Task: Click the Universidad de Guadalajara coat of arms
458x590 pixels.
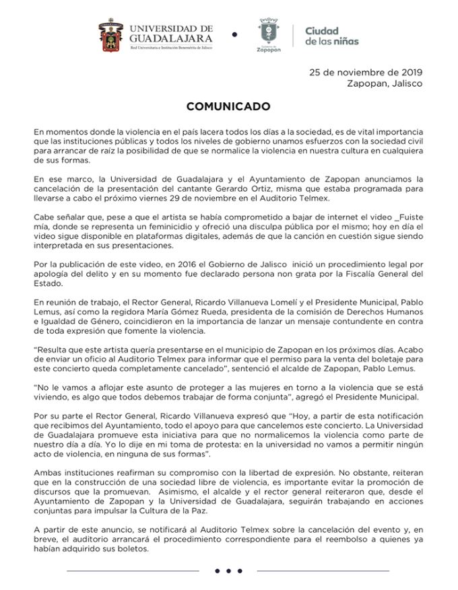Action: tap(111, 36)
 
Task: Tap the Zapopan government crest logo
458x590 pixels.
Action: tap(268, 34)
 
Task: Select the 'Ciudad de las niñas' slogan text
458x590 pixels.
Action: tap(331, 36)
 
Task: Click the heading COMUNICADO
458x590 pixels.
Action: tap(228, 106)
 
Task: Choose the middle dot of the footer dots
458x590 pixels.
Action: tap(228, 571)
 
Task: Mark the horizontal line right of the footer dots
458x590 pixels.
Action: tap(324, 571)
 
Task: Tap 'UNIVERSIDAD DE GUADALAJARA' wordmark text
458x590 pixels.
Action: tap(171, 34)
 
